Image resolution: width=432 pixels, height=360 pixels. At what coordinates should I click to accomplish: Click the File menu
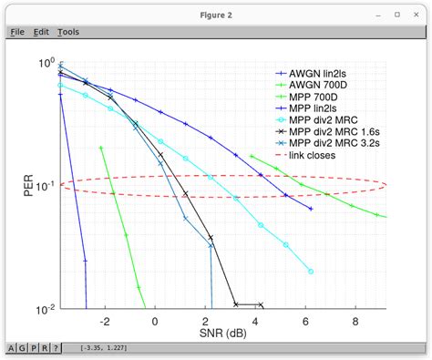tap(16, 31)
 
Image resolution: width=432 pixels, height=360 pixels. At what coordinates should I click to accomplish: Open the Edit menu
tap(41, 31)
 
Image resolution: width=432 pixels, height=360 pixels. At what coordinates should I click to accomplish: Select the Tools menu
tap(68, 31)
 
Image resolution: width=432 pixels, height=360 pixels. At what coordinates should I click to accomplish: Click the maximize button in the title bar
tap(396, 14)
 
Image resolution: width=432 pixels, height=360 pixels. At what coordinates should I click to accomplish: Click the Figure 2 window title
tap(215, 14)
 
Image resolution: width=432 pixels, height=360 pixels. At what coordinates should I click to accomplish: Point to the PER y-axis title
tap(28, 186)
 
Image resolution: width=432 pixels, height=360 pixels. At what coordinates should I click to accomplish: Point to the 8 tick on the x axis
tap(355, 322)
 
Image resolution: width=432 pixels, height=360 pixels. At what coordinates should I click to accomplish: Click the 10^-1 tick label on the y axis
tap(45, 186)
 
